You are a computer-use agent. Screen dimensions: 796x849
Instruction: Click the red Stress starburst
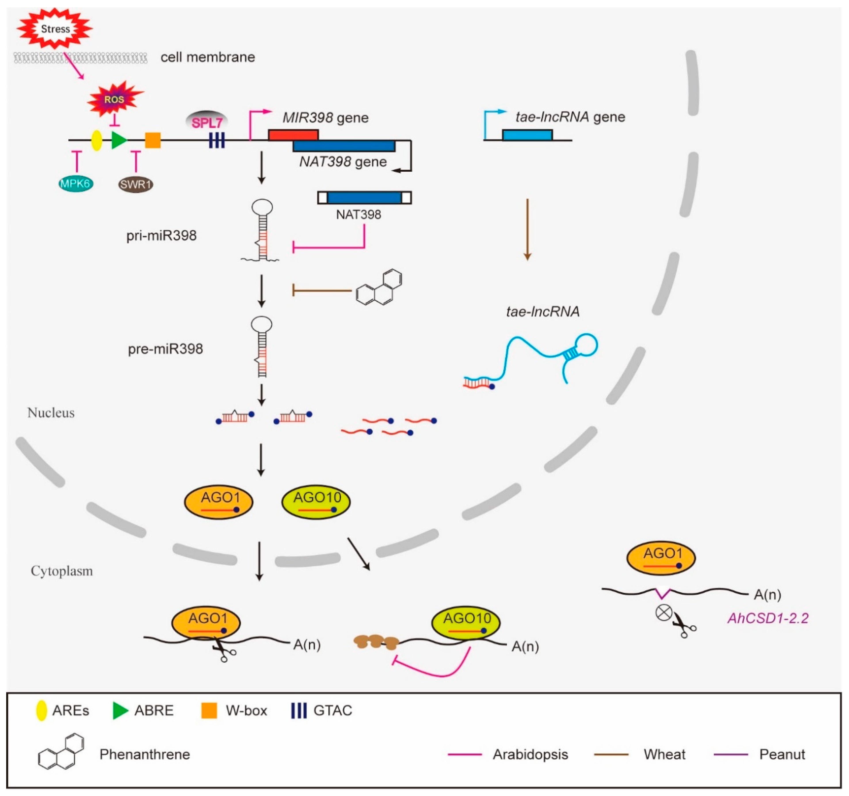55,29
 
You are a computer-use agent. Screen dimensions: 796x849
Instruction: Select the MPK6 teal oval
76,184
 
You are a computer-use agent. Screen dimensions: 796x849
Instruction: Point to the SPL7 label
207,123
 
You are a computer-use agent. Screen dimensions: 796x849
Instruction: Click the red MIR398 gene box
293,135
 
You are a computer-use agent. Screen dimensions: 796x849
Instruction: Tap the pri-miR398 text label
161,235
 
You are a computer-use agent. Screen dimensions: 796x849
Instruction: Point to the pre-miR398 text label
165,349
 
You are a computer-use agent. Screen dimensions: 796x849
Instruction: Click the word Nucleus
51,412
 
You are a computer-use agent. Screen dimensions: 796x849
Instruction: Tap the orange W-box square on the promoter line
153,140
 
